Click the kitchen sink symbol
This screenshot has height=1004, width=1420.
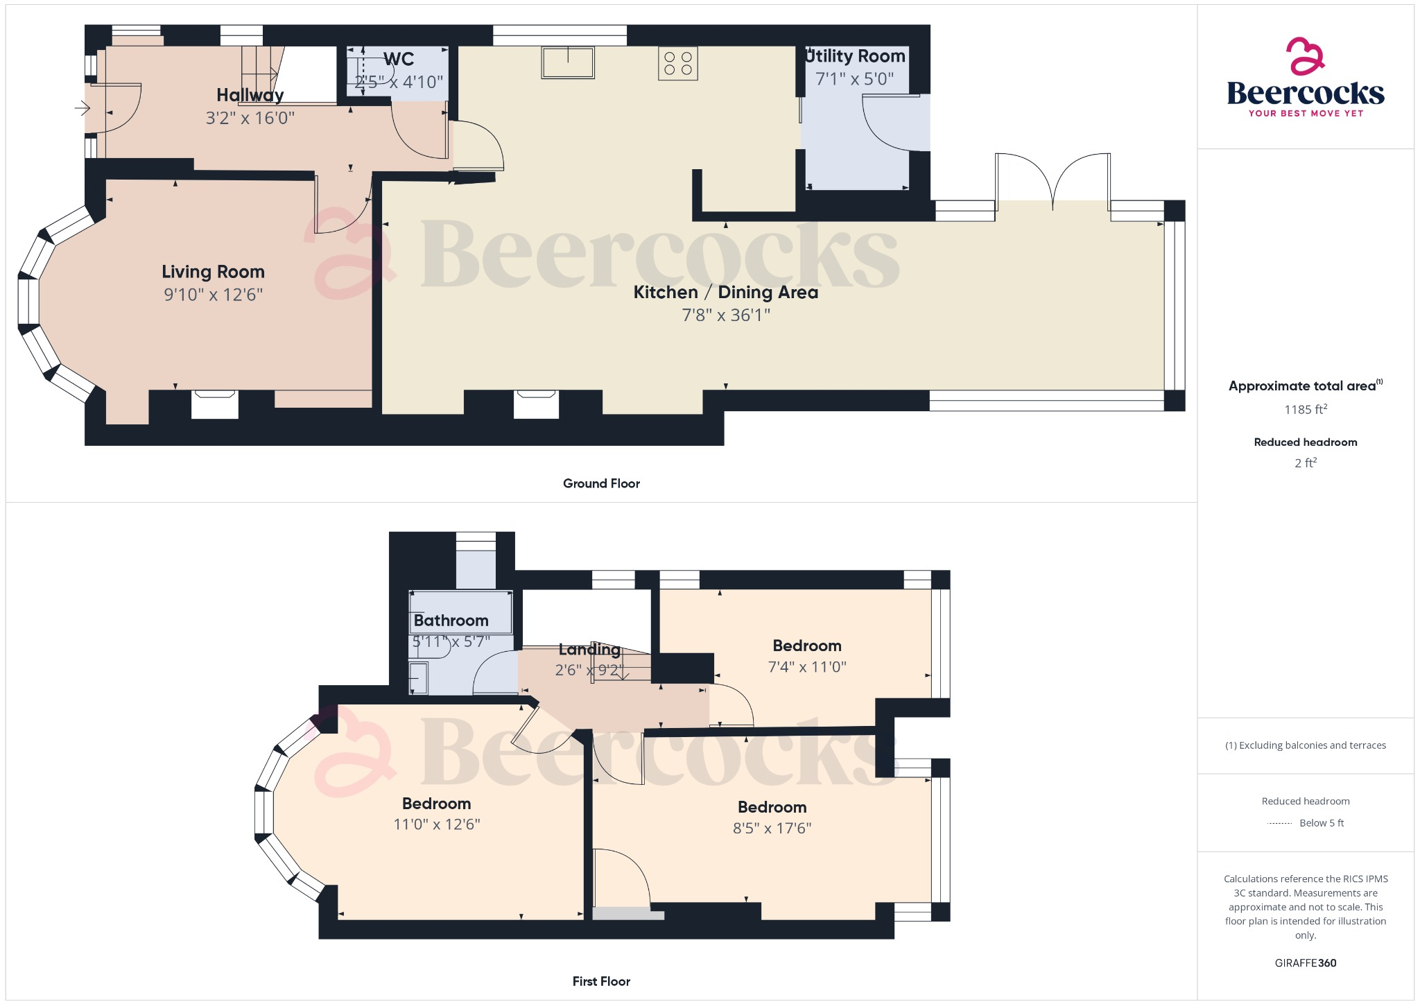click(568, 63)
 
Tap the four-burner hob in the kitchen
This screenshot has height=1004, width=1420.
click(677, 63)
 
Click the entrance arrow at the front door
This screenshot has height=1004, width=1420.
click(83, 108)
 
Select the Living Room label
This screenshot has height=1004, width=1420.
click(213, 272)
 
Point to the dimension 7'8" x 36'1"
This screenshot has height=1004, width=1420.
click(726, 315)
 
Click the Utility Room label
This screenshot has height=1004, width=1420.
click(856, 56)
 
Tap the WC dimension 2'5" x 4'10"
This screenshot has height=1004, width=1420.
click(399, 83)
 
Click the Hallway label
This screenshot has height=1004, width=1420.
click(250, 95)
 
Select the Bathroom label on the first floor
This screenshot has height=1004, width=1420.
click(451, 621)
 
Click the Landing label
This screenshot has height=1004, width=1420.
click(589, 650)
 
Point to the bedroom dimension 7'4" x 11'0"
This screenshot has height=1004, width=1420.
click(807, 667)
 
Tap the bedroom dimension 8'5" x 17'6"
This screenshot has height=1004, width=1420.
click(772, 828)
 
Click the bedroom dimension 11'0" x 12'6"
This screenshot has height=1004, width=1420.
click(437, 824)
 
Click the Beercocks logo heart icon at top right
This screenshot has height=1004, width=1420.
click(1305, 56)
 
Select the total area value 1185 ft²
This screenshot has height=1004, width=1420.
click(1305, 410)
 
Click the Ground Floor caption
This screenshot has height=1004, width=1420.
click(601, 484)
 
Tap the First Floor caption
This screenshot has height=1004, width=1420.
click(601, 981)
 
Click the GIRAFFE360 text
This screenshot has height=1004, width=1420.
click(1305, 963)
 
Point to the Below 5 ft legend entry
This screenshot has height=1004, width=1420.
click(1321, 823)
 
